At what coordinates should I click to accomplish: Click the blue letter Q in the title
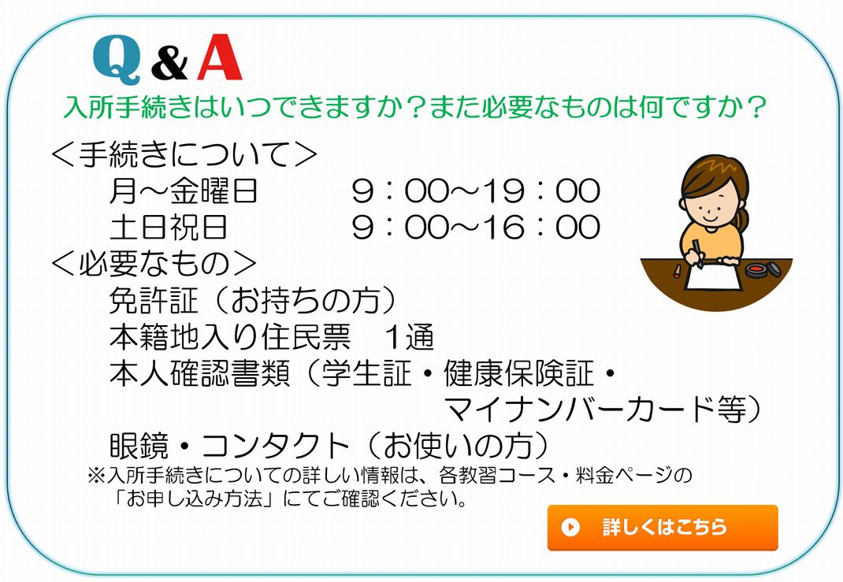pos(117,60)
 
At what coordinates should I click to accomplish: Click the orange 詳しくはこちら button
pos(663,527)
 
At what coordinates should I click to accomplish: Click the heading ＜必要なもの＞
pos(154,263)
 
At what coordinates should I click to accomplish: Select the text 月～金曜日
pos(184,191)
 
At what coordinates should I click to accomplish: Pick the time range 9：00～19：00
pos(476,191)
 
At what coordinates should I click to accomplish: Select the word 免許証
pos(154,300)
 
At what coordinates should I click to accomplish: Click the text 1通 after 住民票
pos(409,337)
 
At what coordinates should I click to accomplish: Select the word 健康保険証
pos(519,373)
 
